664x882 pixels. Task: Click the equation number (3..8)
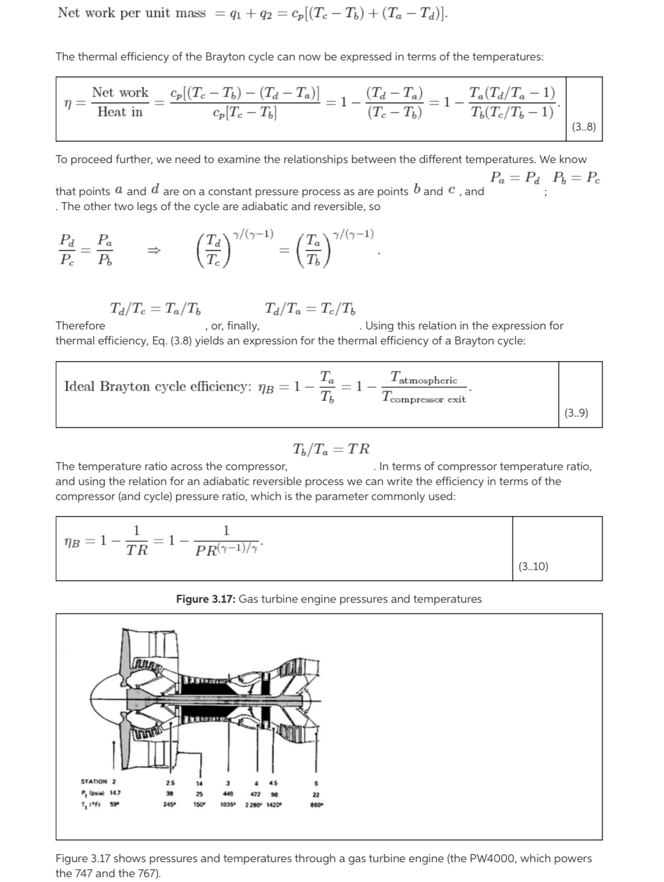click(x=583, y=127)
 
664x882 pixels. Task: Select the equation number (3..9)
click(x=576, y=412)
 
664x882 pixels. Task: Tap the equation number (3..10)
click(x=533, y=566)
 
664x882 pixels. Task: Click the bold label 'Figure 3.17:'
click(x=206, y=599)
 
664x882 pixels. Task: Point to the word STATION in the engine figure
click(x=94, y=782)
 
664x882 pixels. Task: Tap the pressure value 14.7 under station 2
click(x=115, y=793)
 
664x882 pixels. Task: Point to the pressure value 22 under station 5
click(x=316, y=795)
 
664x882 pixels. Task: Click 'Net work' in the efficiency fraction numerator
click(x=120, y=93)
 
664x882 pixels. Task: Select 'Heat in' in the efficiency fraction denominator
click(x=120, y=112)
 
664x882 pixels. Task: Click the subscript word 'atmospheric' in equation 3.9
click(x=428, y=380)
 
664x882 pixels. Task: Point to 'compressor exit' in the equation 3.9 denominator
click(x=428, y=399)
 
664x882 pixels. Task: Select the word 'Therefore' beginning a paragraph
click(x=80, y=326)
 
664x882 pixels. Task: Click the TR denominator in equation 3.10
click(x=137, y=550)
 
